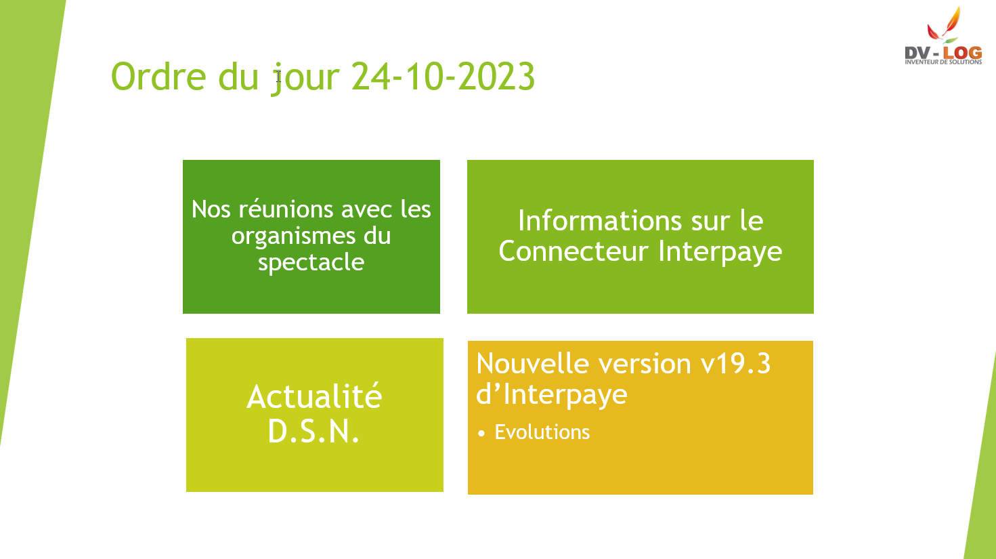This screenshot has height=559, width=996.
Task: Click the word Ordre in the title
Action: point(158,76)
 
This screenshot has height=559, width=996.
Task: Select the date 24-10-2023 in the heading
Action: point(443,76)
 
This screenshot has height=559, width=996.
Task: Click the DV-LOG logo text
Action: point(943,53)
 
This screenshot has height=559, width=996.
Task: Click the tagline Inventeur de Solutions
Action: point(943,62)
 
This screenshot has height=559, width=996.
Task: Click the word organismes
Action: point(293,237)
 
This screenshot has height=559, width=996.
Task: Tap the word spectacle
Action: point(311,264)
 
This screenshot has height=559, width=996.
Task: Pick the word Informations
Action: point(600,221)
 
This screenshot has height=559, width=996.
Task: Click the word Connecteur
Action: point(573,251)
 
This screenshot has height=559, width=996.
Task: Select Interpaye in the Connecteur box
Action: point(720,253)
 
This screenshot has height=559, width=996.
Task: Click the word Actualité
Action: point(314,396)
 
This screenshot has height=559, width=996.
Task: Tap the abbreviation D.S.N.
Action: point(313,431)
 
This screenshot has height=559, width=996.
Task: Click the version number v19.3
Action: point(735,364)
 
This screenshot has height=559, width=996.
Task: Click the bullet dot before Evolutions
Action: point(481,434)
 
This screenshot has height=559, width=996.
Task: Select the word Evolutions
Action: point(542,432)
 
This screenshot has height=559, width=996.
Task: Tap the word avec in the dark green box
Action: point(367,209)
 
